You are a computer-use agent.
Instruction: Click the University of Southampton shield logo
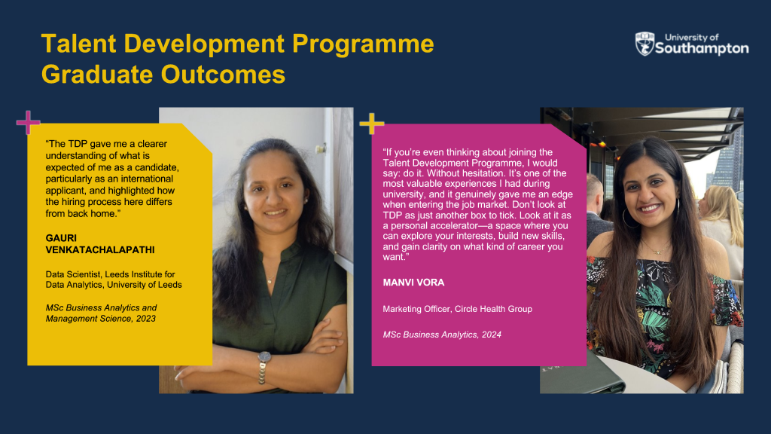click(x=645, y=44)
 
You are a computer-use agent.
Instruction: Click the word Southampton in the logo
click(x=702, y=48)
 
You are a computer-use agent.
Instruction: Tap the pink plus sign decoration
click(x=28, y=122)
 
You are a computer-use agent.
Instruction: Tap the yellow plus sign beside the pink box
click(x=372, y=123)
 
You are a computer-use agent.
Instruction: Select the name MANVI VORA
click(x=413, y=283)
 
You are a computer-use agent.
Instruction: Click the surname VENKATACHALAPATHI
click(x=100, y=249)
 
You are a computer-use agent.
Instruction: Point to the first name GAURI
click(x=61, y=238)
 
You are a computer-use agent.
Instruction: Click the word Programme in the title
click(x=363, y=44)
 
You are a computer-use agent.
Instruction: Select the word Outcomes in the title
click(x=223, y=75)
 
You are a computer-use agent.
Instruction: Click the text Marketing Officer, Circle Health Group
click(x=457, y=309)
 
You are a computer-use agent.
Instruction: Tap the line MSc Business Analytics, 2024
click(x=442, y=335)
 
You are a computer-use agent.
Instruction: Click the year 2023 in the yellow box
click(x=146, y=319)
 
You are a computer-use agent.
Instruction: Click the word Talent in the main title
click(x=78, y=43)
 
